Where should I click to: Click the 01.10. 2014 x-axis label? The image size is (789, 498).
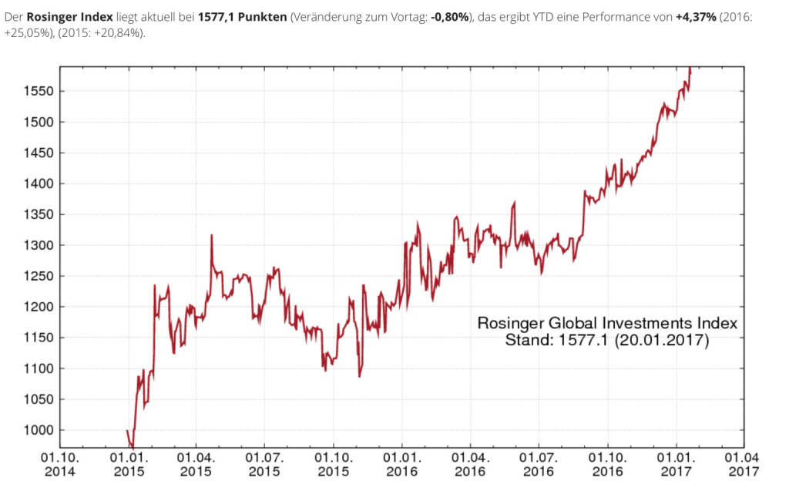[x=60, y=463]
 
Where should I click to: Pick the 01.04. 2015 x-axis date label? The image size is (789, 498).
[x=196, y=463]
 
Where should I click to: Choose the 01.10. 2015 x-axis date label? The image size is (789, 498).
[x=334, y=463]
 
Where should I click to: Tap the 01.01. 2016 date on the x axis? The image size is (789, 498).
[x=402, y=463]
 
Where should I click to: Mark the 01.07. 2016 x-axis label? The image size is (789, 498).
[x=539, y=463]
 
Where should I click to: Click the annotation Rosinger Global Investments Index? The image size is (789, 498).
[x=607, y=323]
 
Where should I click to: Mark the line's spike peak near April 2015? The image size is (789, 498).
[x=211, y=236]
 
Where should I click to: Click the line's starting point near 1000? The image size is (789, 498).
[x=127, y=430]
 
